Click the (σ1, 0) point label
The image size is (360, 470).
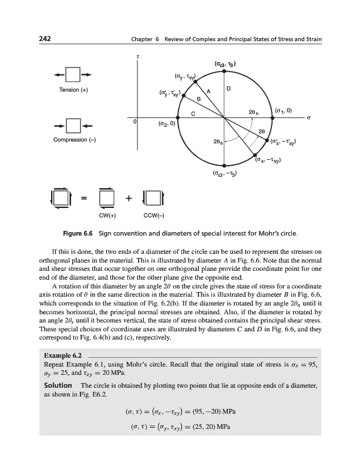pos(287,110)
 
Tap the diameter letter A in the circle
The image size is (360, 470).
pos(208,90)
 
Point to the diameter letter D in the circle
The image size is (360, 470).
pos(228,89)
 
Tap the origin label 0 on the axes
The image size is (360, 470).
pos(134,122)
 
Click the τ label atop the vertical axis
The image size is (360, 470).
pos(137,56)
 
